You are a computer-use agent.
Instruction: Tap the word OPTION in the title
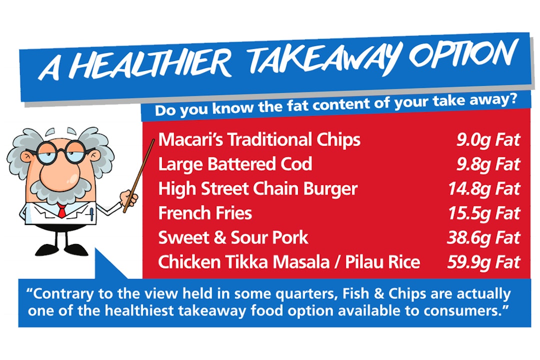463,55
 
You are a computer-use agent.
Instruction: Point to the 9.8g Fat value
488,164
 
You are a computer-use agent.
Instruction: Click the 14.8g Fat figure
484,189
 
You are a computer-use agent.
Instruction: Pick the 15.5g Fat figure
484,213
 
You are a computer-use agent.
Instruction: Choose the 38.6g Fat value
483,238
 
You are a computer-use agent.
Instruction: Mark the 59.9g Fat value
483,262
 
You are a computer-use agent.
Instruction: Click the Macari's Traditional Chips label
259,139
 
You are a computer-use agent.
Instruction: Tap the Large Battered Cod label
235,164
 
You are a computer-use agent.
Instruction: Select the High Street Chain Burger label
258,189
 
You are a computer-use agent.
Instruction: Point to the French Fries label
205,213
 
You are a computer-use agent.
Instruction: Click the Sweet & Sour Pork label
233,237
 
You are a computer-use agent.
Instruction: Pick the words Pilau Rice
382,262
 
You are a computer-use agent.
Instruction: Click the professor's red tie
61,210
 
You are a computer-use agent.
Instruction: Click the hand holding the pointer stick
129,198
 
